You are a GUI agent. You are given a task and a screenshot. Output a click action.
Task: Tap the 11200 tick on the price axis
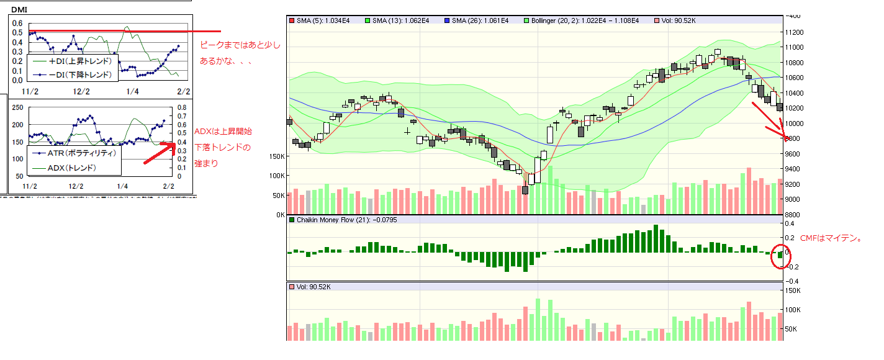(795, 32)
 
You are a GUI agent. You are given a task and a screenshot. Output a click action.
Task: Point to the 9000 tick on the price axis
(793, 199)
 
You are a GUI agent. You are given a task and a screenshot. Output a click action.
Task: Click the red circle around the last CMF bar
(780, 256)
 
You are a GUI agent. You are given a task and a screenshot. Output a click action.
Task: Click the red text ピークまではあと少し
(240, 45)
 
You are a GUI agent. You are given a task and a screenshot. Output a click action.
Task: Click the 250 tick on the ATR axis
(18, 108)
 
